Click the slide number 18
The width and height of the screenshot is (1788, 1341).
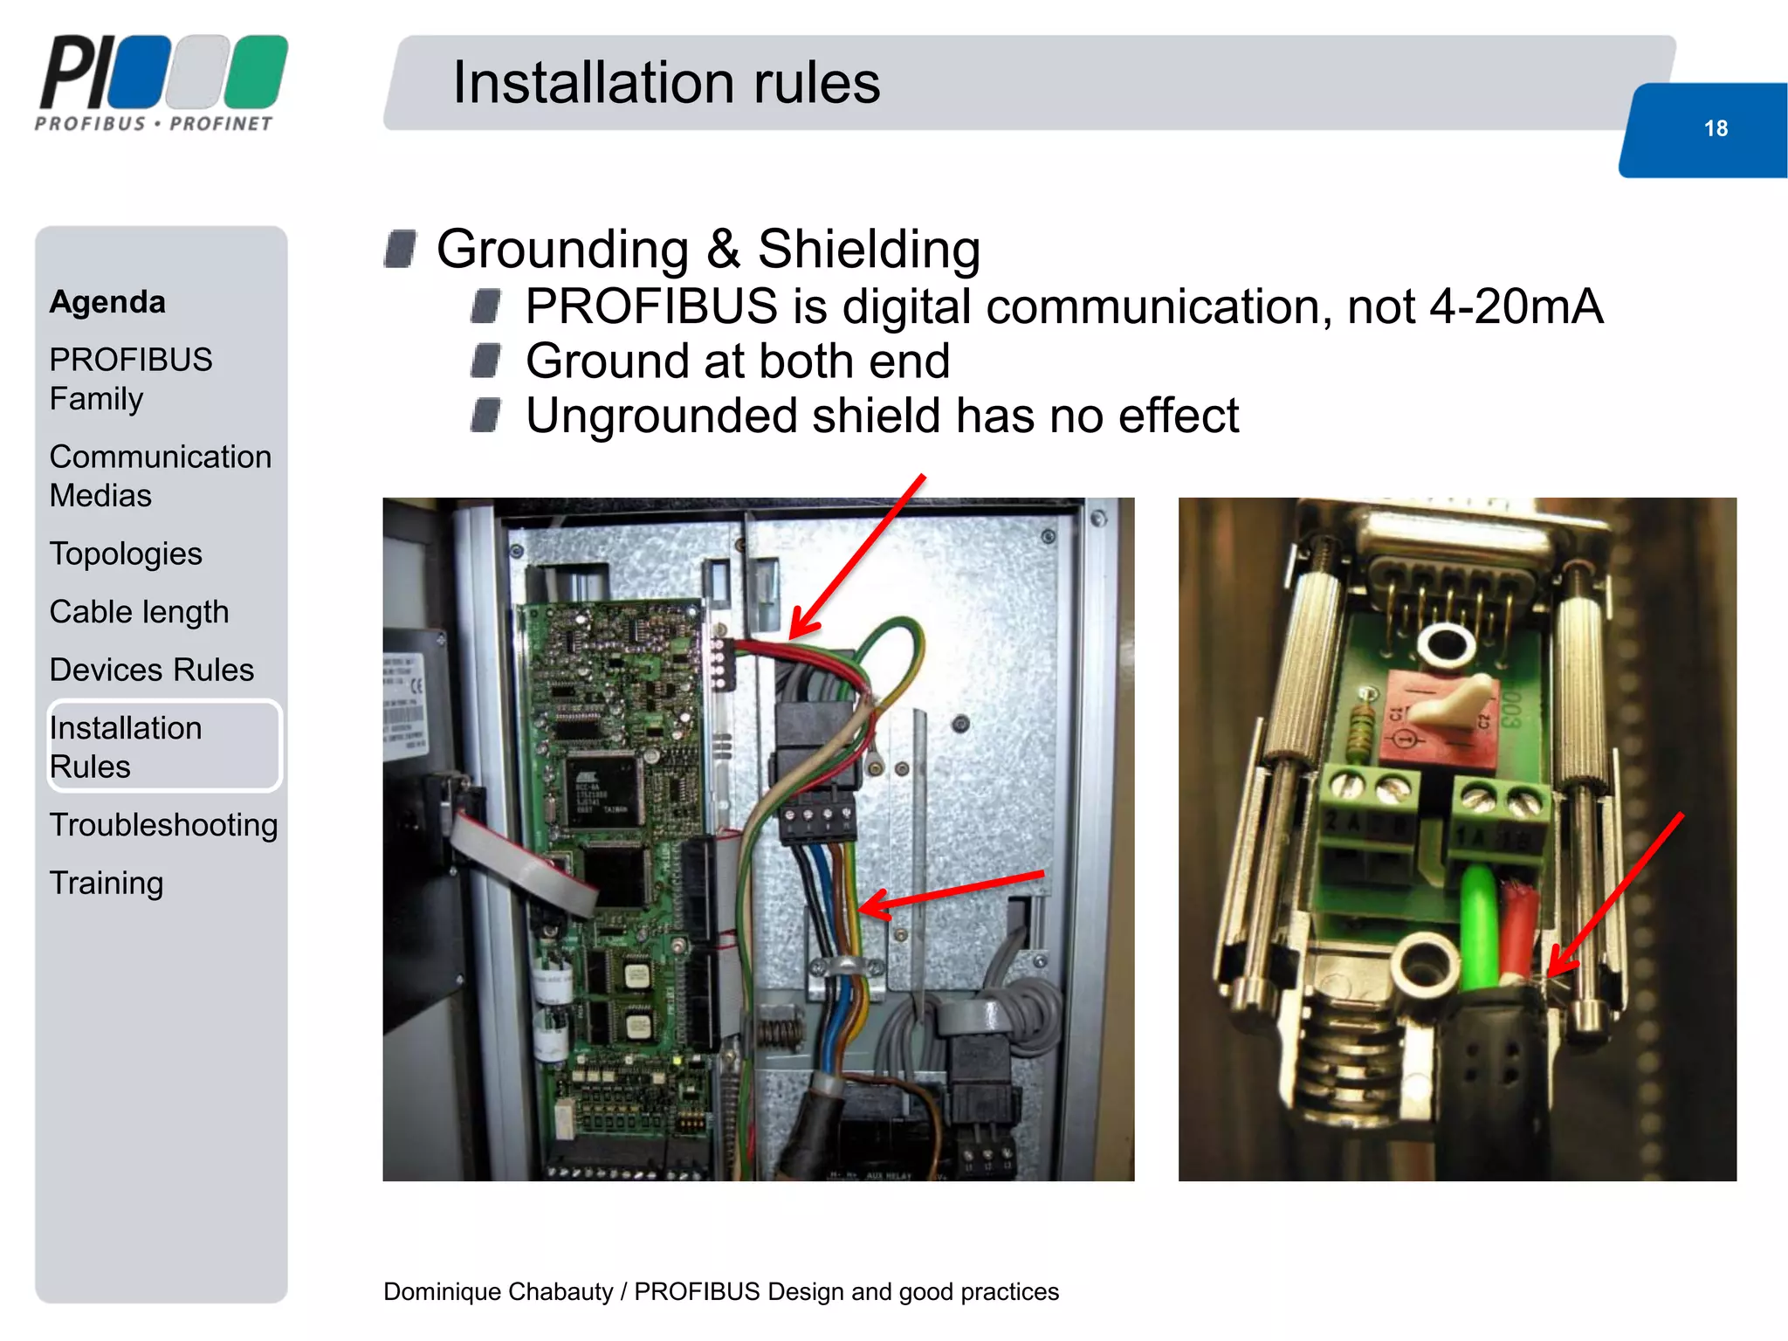[x=1715, y=128]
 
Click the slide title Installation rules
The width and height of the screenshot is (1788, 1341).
[x=666, y=83]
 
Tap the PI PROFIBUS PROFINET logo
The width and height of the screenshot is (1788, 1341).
[x=162, y=84]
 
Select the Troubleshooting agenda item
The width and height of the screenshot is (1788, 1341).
[x=163, y=825]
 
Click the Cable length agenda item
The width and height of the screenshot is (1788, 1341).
[x=139, y=612]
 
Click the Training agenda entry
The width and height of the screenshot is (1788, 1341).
[x=107, y=883]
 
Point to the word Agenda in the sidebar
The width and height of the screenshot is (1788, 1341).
[x=107, y=302]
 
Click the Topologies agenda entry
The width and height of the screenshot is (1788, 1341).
[x=126, y=554]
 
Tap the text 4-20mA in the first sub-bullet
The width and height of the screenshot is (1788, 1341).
[x=1516, y=307]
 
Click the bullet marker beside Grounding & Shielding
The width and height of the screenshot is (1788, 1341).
[x=401, y=249]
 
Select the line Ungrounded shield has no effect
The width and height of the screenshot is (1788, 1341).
[x=882, y=416]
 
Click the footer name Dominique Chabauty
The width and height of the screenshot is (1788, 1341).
[x=498, y=1291]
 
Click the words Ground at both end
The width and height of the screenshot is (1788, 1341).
[x=738, y=361]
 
